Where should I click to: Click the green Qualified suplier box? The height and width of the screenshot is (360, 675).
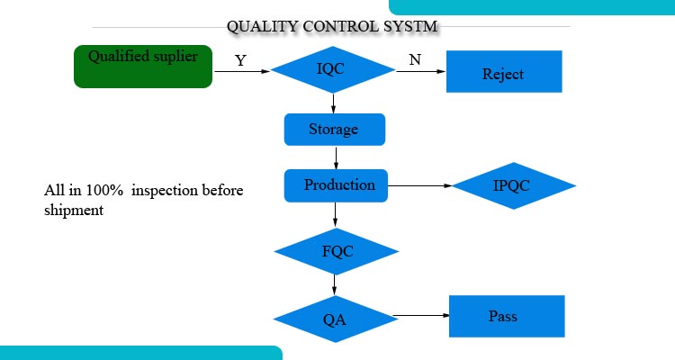(x=143, y=67)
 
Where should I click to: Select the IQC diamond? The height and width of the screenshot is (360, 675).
(x=333, y=70)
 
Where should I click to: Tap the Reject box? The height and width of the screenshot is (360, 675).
(x=504, y=71)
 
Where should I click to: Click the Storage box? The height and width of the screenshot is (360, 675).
(x=335, y=130)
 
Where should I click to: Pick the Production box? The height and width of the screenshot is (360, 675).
(x=336, y=185)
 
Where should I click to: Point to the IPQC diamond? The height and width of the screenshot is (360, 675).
(x=514, y=185)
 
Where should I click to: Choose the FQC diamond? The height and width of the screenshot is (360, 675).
(x=337, y=251)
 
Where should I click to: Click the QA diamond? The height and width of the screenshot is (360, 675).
(x=336, y=319)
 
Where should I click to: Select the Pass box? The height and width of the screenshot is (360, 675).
(x=507, y=316)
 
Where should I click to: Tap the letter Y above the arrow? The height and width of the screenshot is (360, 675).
(x=240, y=60)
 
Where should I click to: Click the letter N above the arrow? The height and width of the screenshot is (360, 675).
(x=415, y=59)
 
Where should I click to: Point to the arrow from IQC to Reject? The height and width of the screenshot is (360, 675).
(x=420, y=71)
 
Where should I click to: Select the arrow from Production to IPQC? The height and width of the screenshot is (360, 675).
(x=419, y=185)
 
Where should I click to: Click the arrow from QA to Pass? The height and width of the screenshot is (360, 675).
(x=421, y=315)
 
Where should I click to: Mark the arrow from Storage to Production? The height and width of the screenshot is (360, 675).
(x=336, y=157)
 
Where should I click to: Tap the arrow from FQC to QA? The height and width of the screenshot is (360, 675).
(x=335, y=284)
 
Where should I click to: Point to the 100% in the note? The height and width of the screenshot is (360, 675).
(x=104, y=190)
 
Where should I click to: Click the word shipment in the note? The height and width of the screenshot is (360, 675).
(x=74, y=210)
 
